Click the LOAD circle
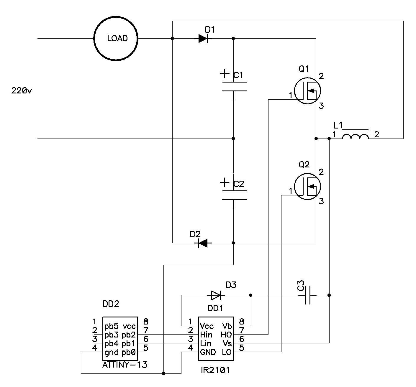coord(116,39)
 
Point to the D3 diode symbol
coord(216,295)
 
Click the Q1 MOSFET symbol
coord(307,91)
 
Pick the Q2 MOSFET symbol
coord(307,187)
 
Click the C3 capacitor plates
coord(307,295)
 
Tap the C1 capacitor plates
coord(234,86)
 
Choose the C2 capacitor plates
coord(234,195)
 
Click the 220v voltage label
coord(22,90)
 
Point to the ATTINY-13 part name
coord(125,365)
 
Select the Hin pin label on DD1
coord(206,335)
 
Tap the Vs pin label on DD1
coord(227,343)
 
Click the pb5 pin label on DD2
coord(111,326)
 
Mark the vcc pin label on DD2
coord(129,326)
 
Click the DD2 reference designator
coord(111,304)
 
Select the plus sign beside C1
coord(225,73)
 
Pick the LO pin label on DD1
coord(227,352)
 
